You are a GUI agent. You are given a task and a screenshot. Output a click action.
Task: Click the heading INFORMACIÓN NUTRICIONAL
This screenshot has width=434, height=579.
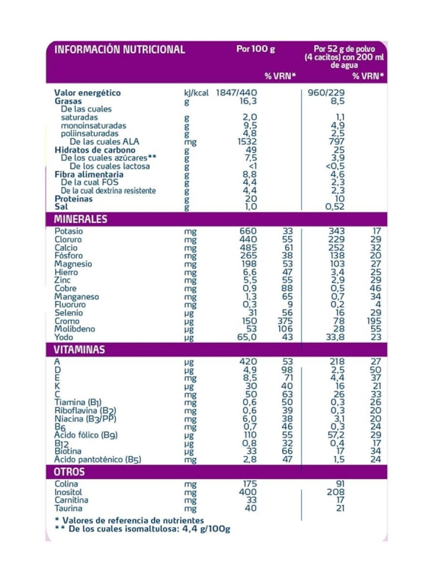(120, 50)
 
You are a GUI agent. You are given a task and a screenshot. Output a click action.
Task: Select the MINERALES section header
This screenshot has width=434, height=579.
(81, 219)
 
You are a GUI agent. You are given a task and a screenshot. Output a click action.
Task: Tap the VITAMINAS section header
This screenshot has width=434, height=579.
(80, 350)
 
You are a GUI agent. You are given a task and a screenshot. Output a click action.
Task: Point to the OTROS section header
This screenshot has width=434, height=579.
(69, 472)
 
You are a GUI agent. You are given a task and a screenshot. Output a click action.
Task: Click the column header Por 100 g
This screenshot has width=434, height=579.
(256, 50)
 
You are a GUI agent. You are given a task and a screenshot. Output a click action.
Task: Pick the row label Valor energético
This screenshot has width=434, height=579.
(88, 93)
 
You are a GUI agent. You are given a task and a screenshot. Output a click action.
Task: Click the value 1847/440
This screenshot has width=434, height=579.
(238, 93)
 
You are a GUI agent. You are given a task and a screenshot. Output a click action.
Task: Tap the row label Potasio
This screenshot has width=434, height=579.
(69, 232)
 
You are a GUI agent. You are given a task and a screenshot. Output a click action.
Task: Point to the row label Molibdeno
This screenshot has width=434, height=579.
(75, 329)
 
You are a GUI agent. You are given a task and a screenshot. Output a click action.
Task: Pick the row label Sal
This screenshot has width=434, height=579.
(61, 207)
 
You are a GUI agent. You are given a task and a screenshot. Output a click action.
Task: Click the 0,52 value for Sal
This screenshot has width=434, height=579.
(334, 207)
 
